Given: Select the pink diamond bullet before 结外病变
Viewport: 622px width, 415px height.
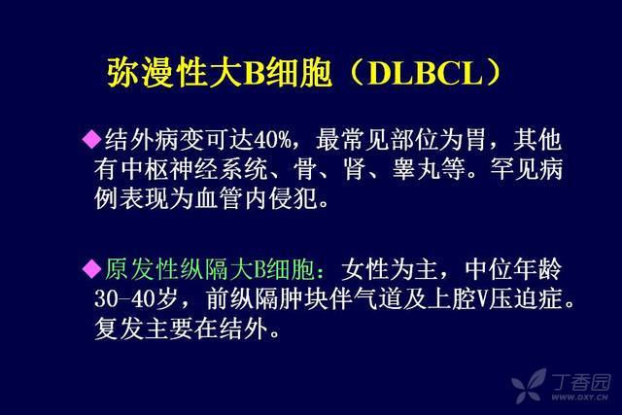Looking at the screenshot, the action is tap(91, 139).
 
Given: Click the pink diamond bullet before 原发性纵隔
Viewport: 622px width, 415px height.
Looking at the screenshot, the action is tap(91, 268).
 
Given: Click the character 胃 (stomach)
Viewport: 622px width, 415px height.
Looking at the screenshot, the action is tap(475, 140).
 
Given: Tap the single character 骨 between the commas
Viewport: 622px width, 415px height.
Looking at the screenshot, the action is tap(304, 169).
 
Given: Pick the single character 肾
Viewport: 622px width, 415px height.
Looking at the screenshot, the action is tap(354, 169).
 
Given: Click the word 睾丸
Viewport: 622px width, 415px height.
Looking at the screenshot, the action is tap(416, 169).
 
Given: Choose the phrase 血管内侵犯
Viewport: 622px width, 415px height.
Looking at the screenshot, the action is tap(257, 198).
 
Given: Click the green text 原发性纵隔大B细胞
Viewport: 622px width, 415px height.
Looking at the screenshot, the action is tap(209, 269).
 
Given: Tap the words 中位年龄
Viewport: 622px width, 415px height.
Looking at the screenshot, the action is tap(513, 269).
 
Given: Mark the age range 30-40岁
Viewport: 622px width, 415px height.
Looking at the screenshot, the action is tap(135, 298).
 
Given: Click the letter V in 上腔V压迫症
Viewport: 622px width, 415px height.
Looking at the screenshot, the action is tap(481, 299).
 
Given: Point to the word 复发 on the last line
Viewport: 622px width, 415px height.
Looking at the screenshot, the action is tap(119, 329).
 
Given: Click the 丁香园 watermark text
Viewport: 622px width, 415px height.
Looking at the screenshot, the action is tap(580, 382).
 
